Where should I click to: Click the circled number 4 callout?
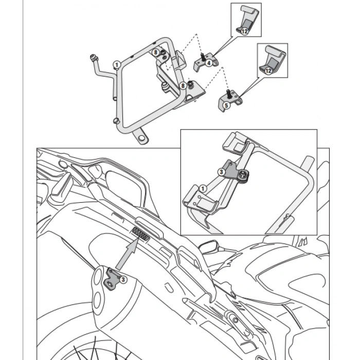(209, 63)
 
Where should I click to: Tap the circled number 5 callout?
(226, 105)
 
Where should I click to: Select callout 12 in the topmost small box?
(245, 31)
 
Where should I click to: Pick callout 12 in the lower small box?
(268, 71)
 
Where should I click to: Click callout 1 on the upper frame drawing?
(117, 65)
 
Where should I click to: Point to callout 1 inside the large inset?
(203, 189)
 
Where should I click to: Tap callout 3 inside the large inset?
(221, 172)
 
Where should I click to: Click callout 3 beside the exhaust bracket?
(123, 280)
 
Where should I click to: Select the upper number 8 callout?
(156, 52)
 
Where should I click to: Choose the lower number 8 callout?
(183, 86)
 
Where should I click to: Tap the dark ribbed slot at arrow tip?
(140, 234)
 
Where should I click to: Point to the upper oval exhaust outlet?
(99, 277)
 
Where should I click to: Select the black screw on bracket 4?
(203, 57)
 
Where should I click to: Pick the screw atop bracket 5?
(229, 94)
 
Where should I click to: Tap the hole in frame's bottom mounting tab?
(141, 138)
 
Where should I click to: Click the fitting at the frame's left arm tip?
(94, 58)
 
